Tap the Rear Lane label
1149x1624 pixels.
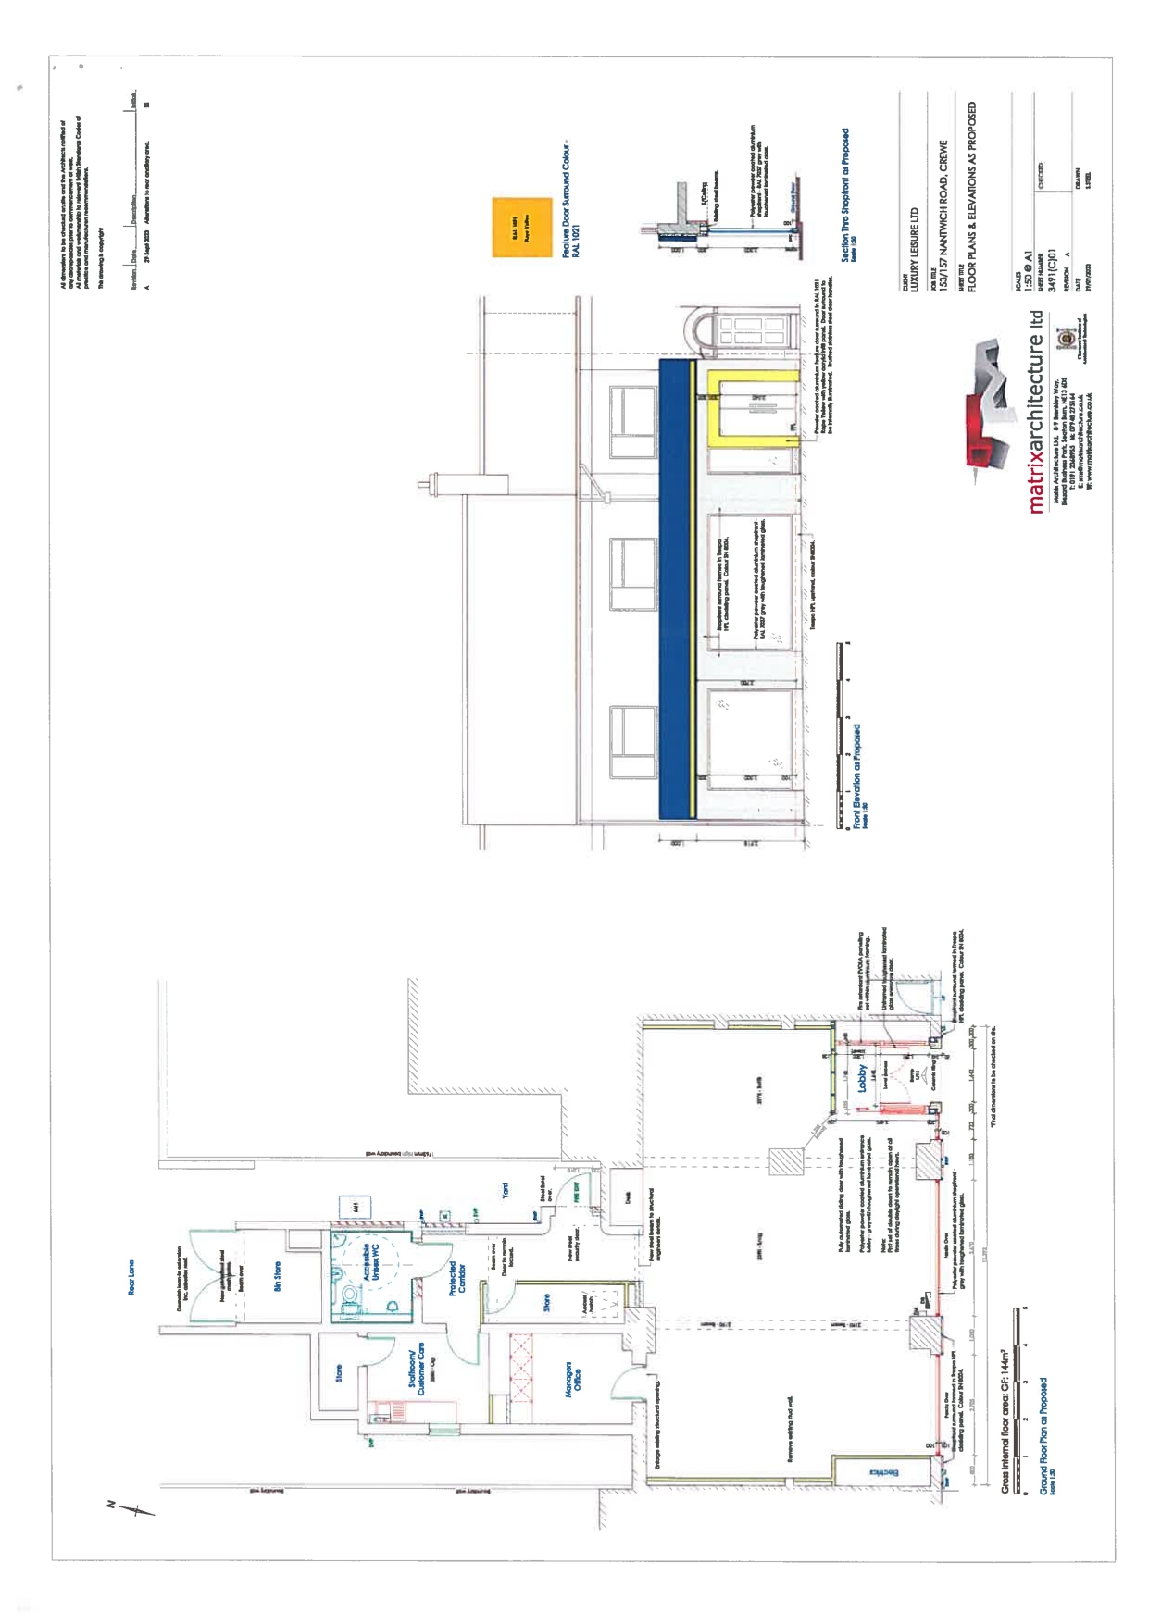[x=131, y=1277]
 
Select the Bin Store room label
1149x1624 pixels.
[x=277, y=1277]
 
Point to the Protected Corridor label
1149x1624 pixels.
[x=456, y=1278]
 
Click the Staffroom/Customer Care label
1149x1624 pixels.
[x=417, y=1369]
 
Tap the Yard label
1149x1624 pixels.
[x=505, y=1191]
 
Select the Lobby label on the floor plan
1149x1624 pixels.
[x=862, y=1078]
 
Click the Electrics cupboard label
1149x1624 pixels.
[x=884, y=1471]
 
